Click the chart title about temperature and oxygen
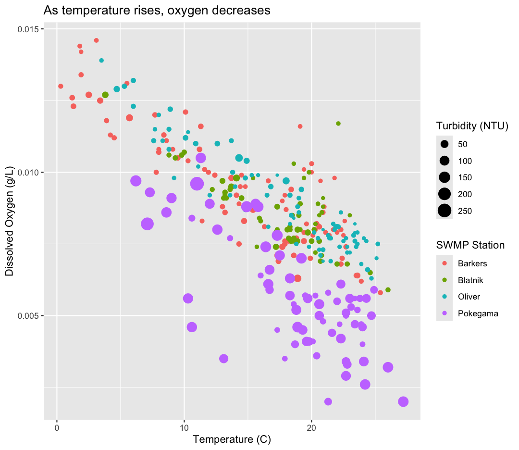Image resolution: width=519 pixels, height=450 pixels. [x=157, y=10]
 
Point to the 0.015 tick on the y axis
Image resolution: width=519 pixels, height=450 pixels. [x=30, y=29]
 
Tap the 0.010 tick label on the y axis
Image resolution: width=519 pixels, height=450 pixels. [x=30, y=173]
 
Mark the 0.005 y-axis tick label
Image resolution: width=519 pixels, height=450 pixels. [x=30, y=316]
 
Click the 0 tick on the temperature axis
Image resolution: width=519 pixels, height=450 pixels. [x=57, y=427]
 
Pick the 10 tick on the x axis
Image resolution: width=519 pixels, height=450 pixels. [x=184, y=427]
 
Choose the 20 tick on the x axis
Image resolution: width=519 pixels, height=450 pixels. [x=311, y=427]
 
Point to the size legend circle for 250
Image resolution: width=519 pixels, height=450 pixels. [x=445, y=211]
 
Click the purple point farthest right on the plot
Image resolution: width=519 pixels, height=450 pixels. [x=403, y=401]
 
